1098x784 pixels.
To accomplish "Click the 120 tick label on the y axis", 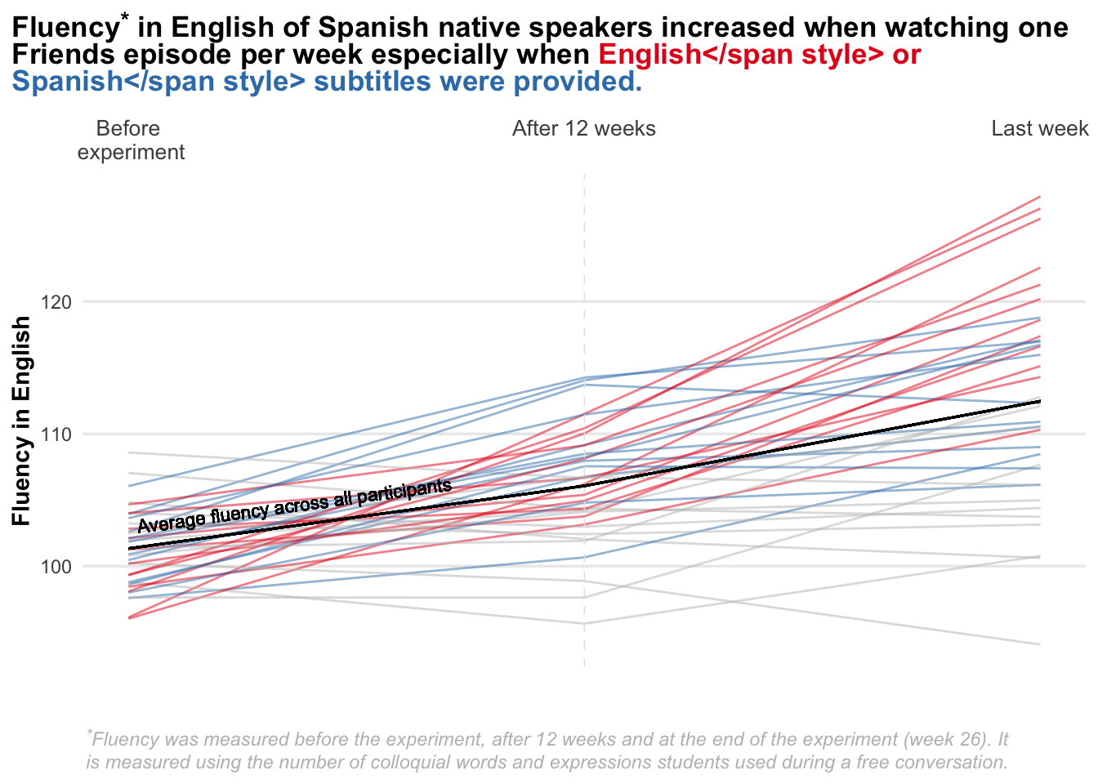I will coord(56,302).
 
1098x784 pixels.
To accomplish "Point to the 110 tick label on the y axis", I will coord(56,434).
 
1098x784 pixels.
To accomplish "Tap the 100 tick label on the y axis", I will coord(56,567).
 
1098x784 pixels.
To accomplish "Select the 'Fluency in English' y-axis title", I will coord(22,421).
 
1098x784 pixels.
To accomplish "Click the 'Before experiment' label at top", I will coord(131,140).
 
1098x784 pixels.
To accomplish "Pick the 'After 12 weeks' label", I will coord(583,129).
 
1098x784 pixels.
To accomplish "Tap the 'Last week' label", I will coord(1039,129).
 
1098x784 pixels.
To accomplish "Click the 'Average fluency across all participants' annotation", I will coord(294,507).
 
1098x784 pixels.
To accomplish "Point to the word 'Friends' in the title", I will coord(63,55).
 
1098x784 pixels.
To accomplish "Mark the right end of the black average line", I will coord(1039,401).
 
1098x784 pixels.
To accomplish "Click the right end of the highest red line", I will coord(1039,197).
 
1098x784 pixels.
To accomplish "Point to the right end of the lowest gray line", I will coord(1039,644).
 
